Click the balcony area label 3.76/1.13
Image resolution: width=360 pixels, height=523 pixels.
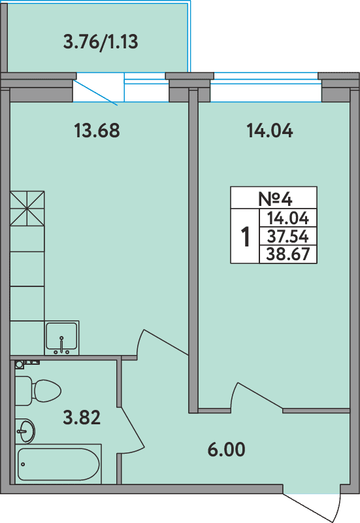pyautogui.click(x=100, y=43)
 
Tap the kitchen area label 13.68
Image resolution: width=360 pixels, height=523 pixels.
pyautogui.click(x=97, y=131)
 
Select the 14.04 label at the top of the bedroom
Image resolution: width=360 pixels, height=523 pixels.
pyautogui.click(x=269, y=131)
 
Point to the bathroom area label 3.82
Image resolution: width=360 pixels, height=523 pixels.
pyautogui.click(x=82, y=416)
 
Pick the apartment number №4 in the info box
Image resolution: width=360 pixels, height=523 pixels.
pyautogui.click(x=273, y=197)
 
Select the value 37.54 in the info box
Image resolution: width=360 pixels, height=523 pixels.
pyautogui.click(x=288, y=236)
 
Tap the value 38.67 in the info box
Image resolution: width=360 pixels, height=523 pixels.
pyautogui.click(x=288, y=254)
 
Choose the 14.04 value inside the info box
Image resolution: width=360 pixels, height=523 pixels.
pyautogui.click(x=288, y=218)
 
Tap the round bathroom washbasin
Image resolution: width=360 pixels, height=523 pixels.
pyautogui.click(x=25, y=430)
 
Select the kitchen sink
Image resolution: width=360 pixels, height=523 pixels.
pyautogui.click(x=61, y=337)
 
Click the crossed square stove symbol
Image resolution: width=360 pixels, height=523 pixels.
pyautogui.click(x=27, y=209)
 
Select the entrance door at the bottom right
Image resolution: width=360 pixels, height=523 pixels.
pyautogui.click(x=314, y=503)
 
